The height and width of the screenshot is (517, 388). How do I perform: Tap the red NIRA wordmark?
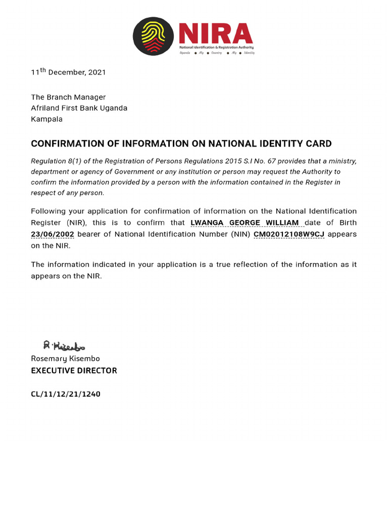pos(216,33)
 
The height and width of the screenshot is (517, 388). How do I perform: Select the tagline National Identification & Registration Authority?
pos(217,46)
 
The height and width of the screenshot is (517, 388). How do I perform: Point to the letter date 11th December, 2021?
pos(68,72)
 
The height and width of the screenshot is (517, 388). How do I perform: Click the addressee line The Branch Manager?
pos(68,97)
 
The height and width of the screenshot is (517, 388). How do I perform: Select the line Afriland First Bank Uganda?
pos(79,108)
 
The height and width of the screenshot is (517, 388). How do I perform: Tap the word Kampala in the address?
pos(46,119)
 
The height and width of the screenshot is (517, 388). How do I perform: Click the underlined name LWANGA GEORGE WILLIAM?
pos(245,223)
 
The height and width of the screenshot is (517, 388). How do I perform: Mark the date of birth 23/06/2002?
pos(53,234)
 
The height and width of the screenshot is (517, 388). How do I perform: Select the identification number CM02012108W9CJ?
pos(288,234)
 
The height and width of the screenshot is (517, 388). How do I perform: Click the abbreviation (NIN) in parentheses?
pos(240,234)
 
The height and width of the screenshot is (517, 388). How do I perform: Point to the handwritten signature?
pos(64,346)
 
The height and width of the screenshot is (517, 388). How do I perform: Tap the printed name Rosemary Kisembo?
pos(65,358)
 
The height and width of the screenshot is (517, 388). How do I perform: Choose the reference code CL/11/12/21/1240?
pos(66,394)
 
